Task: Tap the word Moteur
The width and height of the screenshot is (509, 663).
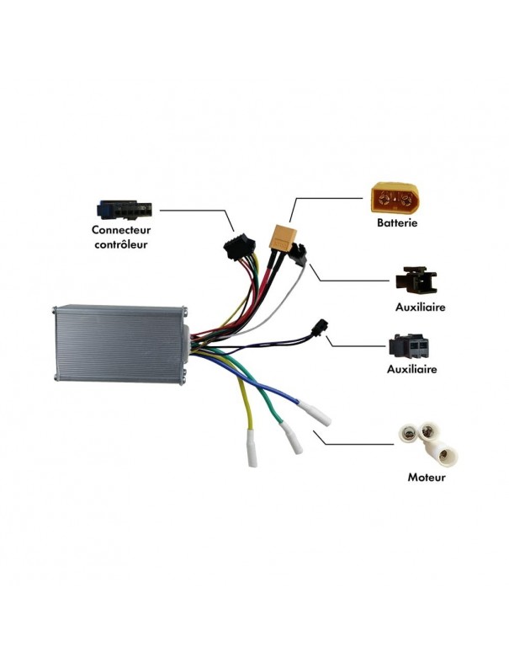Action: [426, 477]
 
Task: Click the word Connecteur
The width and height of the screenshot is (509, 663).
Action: [123, 230]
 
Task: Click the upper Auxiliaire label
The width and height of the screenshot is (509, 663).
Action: [420, 307]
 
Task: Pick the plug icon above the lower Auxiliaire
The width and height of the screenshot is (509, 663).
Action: [411, 346]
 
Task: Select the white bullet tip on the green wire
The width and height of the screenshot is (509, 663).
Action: [291, 437]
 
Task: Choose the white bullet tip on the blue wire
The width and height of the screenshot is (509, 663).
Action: [318, 414]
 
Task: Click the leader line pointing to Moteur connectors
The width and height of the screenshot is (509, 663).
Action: [353, 443]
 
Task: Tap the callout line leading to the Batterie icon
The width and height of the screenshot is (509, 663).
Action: [328, 199]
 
